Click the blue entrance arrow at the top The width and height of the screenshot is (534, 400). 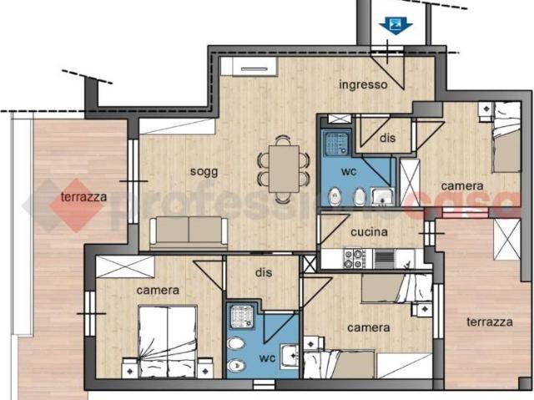coord(395,26)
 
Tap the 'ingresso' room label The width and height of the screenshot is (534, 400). coord(363,85)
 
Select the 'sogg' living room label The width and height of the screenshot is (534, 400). coord(204,171)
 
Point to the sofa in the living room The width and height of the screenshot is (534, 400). coord(189,231)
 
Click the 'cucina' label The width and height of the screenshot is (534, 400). coord(368,231)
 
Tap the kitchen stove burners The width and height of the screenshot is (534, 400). coord(354,259)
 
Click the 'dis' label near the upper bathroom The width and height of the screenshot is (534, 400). coord(386,137)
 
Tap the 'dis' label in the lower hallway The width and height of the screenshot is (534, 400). coord(264,271)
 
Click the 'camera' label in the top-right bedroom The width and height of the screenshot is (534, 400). coord(461,185)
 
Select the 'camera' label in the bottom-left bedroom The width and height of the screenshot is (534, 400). coord(158,290)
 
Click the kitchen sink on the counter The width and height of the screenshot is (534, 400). coord(383,259)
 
